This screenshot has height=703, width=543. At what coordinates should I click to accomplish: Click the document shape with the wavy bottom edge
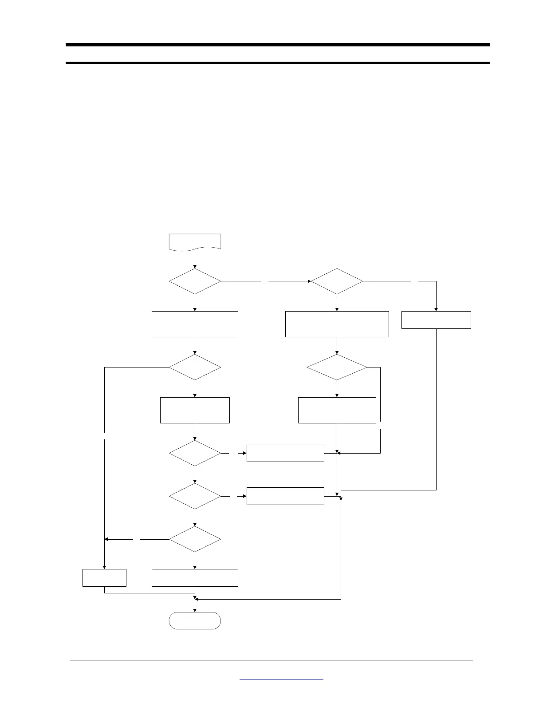coord(195,241)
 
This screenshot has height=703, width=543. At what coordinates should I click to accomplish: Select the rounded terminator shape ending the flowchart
coord(195,620)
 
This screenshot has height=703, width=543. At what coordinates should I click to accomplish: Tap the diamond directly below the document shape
coord(195,281)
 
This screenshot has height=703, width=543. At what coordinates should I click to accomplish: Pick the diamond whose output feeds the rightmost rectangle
coord(337,281)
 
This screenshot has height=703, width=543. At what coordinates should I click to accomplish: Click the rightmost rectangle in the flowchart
coord(436,320)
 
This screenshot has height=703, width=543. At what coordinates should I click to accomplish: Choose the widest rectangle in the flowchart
coord(337,324)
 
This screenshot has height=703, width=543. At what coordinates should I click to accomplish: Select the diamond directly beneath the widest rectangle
coord(337,367)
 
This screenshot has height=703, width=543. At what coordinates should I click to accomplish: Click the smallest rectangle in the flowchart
coord(104,577)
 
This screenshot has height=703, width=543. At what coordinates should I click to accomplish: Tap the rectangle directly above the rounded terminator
coord(195,577)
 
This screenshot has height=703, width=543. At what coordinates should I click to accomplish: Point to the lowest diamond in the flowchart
coord(195,539)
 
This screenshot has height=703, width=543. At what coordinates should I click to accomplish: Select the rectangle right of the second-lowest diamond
coord(285,496)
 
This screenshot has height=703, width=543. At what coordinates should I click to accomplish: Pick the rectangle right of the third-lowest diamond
coord(285,453)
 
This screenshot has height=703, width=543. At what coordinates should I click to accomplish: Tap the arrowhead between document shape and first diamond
coord(195,266)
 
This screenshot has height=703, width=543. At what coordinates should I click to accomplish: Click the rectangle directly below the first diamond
coord(195,324)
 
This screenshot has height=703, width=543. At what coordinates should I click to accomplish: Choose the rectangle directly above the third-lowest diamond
coord(195,410)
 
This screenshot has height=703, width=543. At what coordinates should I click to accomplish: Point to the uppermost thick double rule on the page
coord(277,45)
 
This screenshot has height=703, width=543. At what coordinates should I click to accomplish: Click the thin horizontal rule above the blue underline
coord(271,660)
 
